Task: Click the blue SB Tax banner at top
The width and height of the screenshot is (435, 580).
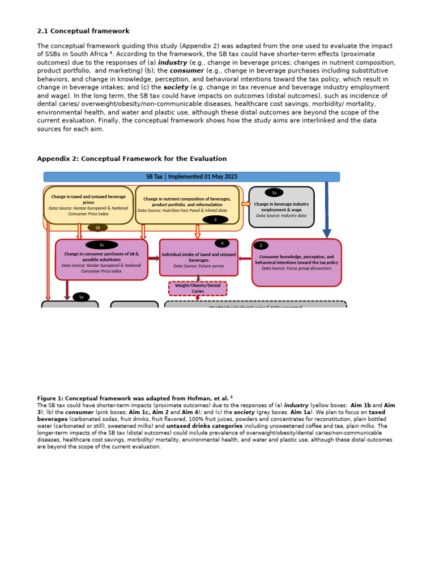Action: coord(191,177)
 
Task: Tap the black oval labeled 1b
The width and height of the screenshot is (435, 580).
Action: coord(97,228)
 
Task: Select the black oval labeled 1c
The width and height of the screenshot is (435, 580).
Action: coord(102,245)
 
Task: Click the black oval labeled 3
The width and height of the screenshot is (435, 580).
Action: coord(215,220)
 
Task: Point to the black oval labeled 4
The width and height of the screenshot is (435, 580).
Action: coord(222,244)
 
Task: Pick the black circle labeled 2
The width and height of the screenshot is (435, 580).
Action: coord(261,245)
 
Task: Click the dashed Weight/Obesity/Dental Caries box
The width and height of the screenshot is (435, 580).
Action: coord(198,288)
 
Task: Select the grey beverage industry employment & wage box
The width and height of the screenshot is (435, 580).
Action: coord(282,208)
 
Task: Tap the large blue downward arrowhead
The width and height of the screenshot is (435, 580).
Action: coord(327,233)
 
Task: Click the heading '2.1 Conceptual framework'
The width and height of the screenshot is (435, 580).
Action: coord(83,31)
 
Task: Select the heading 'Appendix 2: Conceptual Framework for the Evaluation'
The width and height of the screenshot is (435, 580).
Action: coord(132,159)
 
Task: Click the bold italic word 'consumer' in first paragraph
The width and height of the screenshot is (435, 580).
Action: coord(187,71)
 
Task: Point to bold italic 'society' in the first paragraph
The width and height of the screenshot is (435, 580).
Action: coord(176,88)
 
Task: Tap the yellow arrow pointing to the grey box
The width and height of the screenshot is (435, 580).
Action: coord(246,204)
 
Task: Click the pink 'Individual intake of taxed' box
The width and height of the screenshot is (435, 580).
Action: coord(199,258)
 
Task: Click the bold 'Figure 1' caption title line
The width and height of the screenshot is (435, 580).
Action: coord(135,399)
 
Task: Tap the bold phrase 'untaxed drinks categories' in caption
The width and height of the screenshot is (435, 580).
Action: coord(204,426)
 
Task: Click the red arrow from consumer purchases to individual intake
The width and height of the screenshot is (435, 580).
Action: coord(153,258)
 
